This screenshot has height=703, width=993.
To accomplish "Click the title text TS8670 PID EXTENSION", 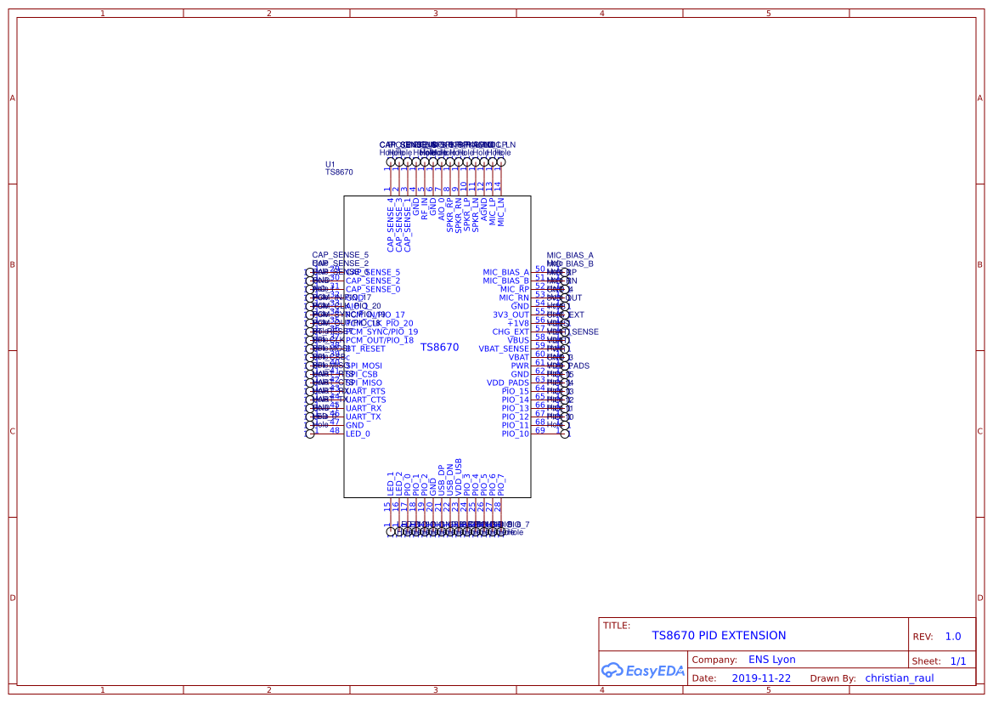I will pyautogui.click(x=719, y=635).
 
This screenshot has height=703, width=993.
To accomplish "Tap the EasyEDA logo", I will pyautogui.click(x=643, y=671).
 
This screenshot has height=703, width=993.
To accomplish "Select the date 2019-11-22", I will pyautogui.click(x=761, y=678).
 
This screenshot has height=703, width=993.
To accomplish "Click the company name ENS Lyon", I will pyautogui.click(x=771, y=660).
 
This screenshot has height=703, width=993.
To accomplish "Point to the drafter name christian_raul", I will pyautogui.click(x=899, y=678).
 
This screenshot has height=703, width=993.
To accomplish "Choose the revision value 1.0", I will pyautogui.click(x=952, y=637).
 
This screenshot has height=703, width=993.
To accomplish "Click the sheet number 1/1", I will pyautogui.click(x=957, y=660).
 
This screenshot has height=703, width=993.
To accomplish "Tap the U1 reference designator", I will pyautogui.click(x=330, y=164).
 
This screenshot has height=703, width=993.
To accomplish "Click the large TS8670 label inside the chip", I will pyautogui.click(x=439, y=347).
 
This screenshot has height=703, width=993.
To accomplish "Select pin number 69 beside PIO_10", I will pyautogui.click(x=539, y=430).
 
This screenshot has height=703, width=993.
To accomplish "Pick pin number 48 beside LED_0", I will pyautogui.click(x=335, y=430).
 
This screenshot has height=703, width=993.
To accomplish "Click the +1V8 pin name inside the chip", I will pyautogui.click(x=517, y=323).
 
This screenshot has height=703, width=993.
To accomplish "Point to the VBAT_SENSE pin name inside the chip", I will pyautogui.click(x=504, y=349).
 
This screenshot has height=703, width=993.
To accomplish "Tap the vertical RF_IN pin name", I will pyautogui.click(x=425, y=209).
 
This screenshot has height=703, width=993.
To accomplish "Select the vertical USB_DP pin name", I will pyautogui.click(x=442, y=480).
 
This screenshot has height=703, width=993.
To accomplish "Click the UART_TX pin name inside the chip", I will pyautogui.click(x=364, y=417).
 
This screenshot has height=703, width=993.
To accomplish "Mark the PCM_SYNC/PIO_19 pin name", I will pyautogui.click(x=381, y=332).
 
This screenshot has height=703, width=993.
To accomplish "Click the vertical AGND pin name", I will pyautogui.click(x=484, y=213).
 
